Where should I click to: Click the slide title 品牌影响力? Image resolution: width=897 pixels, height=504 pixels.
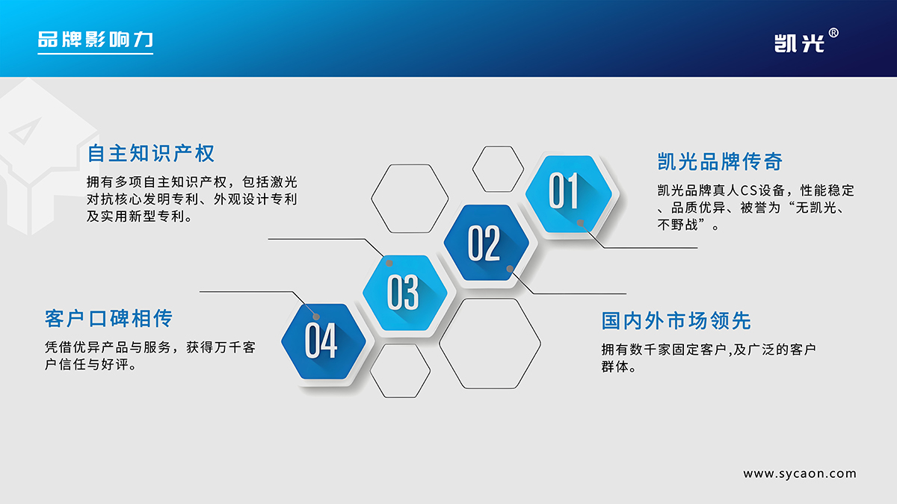(96, 40)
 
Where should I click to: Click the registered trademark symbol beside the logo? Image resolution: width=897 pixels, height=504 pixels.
(833, 33)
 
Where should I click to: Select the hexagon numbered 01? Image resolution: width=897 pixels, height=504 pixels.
(569, 194)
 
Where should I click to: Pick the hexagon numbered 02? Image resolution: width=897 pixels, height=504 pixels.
(487, 243)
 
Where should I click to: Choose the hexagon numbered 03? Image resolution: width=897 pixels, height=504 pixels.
(405, 293)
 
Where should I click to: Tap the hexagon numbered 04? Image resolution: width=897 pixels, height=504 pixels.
(324, 341)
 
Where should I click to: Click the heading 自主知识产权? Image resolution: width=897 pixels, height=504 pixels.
(151, 153)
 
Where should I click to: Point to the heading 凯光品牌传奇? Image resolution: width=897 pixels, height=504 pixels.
(720, 161)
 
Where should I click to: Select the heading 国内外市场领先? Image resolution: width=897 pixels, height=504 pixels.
(676, 321)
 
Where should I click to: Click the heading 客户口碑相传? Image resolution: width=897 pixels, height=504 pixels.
(108, 318)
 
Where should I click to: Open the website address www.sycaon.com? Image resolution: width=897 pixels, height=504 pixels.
(800, 473)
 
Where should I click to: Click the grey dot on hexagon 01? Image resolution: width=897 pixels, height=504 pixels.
(580, 223)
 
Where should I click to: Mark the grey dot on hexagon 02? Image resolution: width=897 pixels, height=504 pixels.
(510, 269)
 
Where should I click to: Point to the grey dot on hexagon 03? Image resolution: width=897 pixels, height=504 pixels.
(389, 263)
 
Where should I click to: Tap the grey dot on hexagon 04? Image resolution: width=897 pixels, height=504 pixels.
(316, 317)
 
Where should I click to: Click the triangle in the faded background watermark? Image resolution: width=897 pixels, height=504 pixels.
(25, 131)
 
